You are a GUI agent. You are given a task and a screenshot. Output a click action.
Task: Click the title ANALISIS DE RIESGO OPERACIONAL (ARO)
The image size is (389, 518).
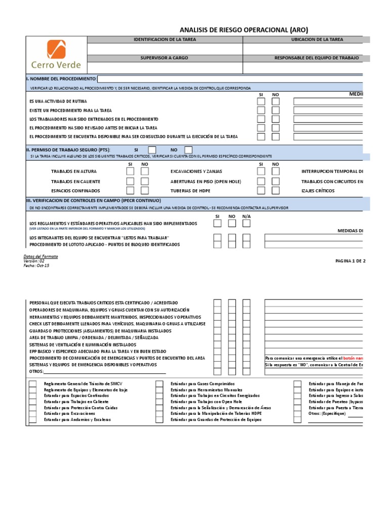click(244, 29)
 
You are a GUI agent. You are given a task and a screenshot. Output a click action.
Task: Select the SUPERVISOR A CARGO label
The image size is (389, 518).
click(164, 58)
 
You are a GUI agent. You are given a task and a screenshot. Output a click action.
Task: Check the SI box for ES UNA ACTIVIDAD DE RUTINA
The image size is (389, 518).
click(261, 101)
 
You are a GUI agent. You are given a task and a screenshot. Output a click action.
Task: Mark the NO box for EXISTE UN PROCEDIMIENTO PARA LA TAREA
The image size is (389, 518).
click(276, 110)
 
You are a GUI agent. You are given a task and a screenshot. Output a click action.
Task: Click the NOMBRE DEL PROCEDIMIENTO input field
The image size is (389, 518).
click(228, 79)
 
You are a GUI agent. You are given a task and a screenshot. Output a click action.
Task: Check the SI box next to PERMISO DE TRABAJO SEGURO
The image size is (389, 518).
click(152, 150)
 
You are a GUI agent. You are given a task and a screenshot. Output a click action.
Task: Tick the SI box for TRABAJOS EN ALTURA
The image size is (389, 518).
click(130, 171)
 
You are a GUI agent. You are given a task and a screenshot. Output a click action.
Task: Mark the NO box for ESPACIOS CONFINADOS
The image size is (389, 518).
click(145, 191)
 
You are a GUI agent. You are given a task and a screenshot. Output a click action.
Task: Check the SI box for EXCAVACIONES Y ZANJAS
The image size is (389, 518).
click(261, 171)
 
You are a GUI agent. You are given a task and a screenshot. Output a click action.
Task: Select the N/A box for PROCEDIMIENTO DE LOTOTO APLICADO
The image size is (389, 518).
click(246, 244)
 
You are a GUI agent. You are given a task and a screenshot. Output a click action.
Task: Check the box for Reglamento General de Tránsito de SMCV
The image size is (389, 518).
click(32, 384)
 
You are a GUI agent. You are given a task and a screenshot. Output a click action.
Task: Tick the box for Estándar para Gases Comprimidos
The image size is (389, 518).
click(159, 384)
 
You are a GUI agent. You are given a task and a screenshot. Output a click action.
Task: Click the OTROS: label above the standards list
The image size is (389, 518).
click(36, 371)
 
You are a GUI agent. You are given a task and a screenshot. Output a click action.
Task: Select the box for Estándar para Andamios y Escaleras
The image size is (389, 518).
click(32, 419)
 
